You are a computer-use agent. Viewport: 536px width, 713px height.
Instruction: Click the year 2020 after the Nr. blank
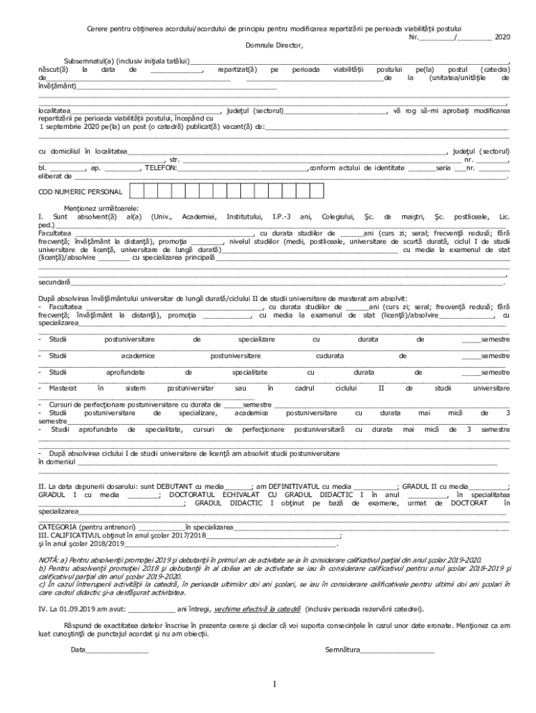tap(501, 36)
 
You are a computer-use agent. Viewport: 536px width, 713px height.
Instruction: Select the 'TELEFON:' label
tap(161, 168)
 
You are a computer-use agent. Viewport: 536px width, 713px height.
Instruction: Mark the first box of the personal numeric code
tap(137, 191)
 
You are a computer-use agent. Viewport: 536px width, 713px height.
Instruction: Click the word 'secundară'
tap(54, 282)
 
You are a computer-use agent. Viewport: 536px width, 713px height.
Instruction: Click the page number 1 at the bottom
tap(276, 686)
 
